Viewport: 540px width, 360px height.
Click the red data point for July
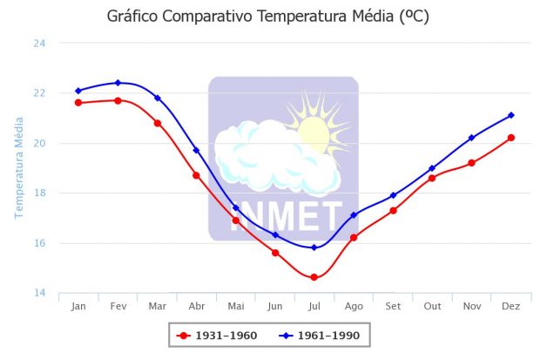(314, 277)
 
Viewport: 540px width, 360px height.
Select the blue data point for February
(118, 83)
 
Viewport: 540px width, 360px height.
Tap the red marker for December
(511, 138)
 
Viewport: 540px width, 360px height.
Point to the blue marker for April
(196, 150)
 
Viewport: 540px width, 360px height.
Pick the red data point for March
(157, 123)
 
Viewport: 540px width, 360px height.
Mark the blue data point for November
(472, 138)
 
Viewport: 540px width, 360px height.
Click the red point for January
(78, 103)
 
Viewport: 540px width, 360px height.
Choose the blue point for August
(354, 214)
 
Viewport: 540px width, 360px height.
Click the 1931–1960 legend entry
(217, 335)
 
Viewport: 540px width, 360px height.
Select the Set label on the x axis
(393, 306)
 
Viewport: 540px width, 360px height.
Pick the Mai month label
(236, 306)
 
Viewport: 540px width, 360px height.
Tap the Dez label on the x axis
(511, 306)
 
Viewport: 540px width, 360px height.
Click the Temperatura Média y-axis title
(18, 165)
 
